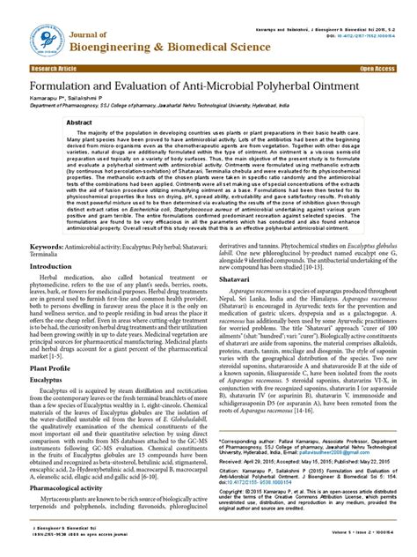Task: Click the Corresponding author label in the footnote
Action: tap(251, 439)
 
